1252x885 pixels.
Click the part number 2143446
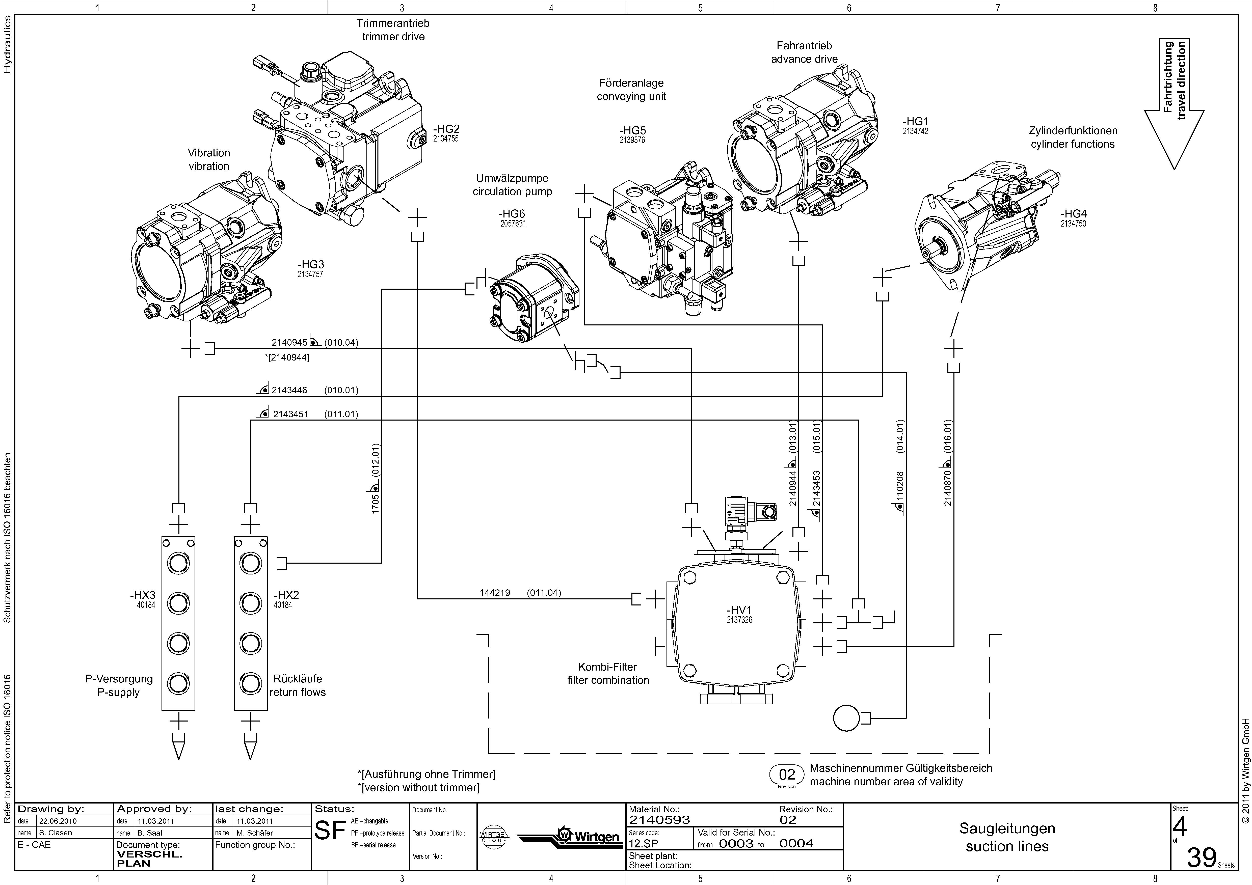[x=289, y=390]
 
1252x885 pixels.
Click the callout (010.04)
[x=341, y=343]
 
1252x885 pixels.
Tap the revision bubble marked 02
[x=787, y=775]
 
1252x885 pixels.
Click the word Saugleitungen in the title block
[x=1007, y=828]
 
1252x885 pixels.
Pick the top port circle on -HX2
[x=250, y=563]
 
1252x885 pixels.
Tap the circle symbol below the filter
[x=846, y=718]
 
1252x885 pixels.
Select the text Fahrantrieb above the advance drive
[x=804, y=46]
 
